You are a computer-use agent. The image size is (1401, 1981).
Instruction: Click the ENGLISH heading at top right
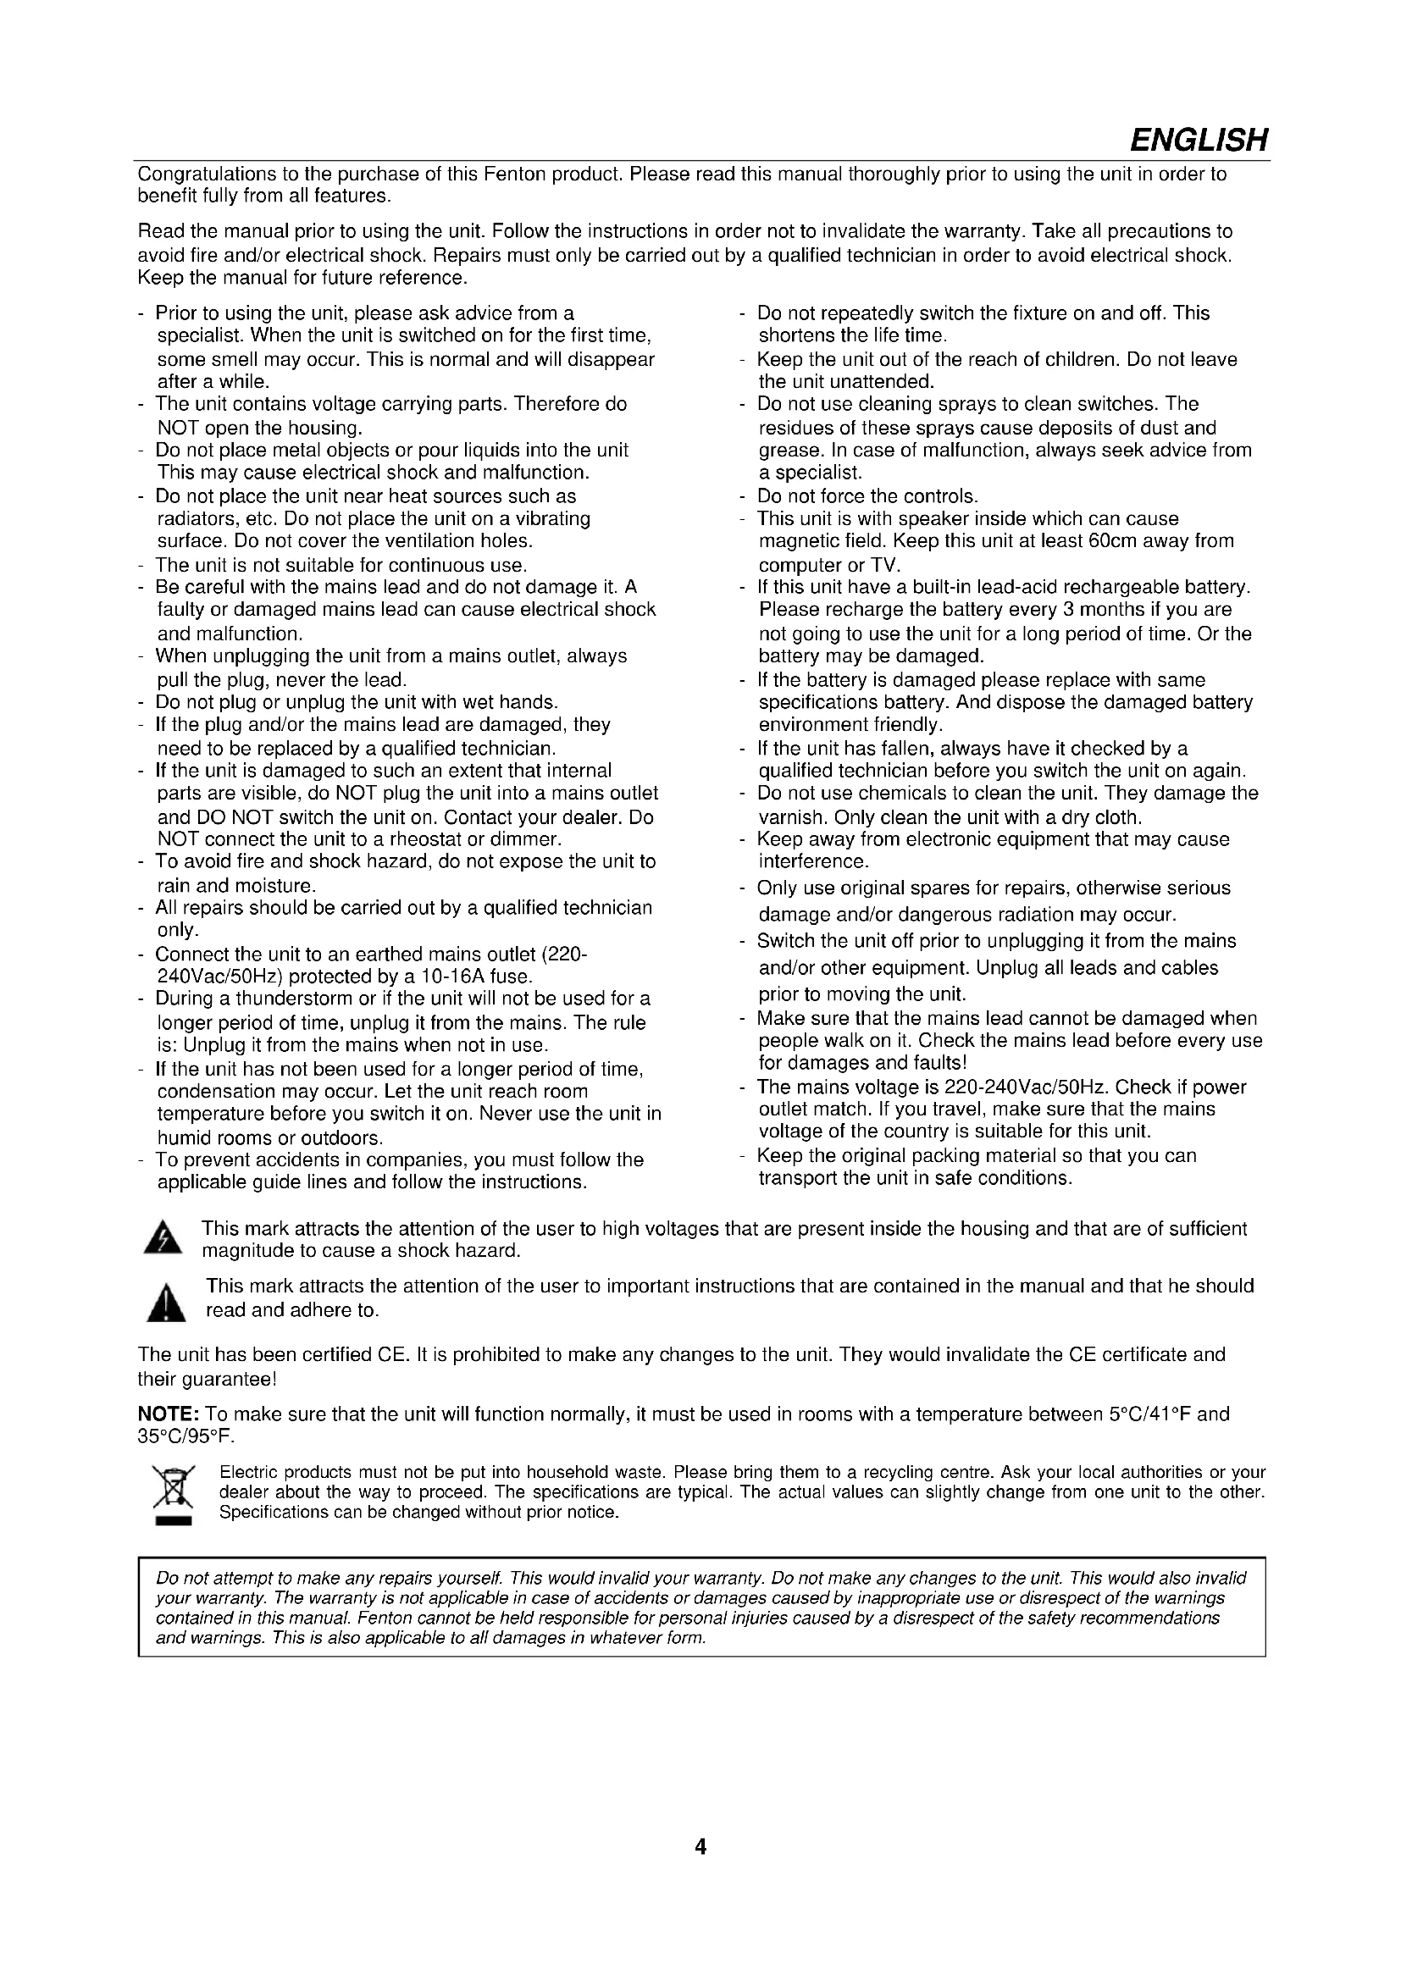(x=1199, y=140)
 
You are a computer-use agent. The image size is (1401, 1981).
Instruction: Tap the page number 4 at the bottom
(x=700, y=1847)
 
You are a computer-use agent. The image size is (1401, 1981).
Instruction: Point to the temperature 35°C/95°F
(x=186, y=1436)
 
